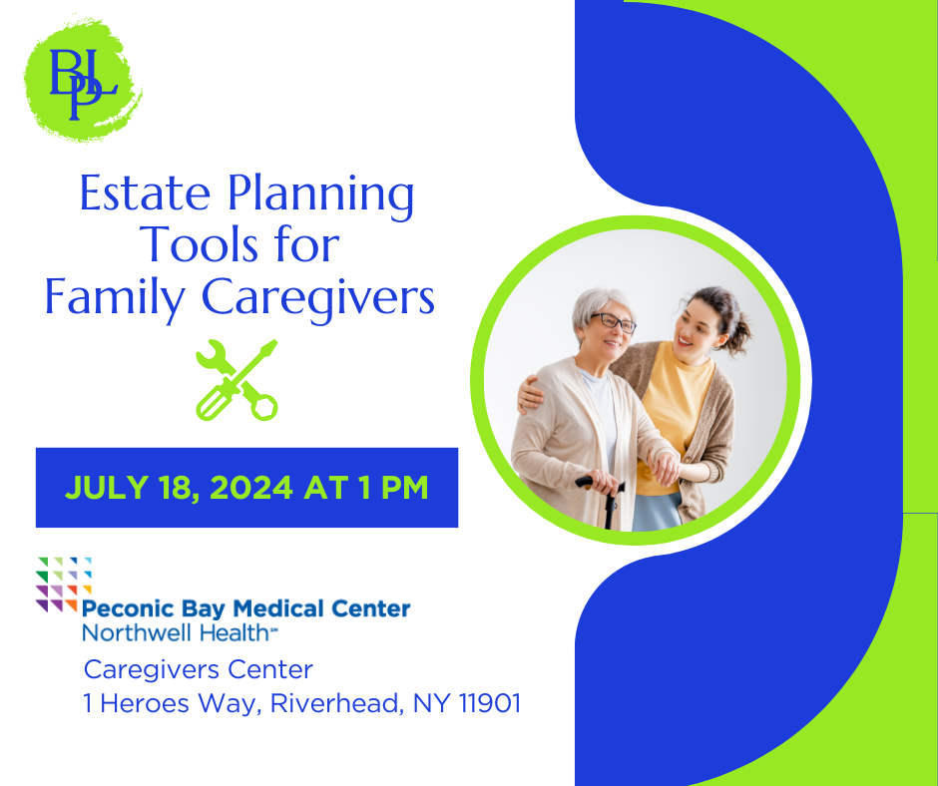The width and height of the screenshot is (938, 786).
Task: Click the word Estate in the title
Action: (145, 194)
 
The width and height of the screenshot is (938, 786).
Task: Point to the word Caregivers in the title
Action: (317, 298)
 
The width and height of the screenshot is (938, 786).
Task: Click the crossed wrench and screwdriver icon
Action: (236, 380)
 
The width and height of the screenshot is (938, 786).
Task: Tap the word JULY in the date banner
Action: (106, 488)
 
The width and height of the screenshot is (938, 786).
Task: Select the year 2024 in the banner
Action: (251, 488)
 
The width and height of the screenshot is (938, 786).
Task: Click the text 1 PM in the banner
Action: (393, 488)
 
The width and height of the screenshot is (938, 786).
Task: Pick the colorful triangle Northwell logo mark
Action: (64, 585)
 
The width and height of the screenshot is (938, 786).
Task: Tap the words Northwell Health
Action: (176, 632)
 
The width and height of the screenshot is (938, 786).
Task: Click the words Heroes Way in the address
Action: (180, 703)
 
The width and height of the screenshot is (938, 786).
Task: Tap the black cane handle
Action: (598, 482)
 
